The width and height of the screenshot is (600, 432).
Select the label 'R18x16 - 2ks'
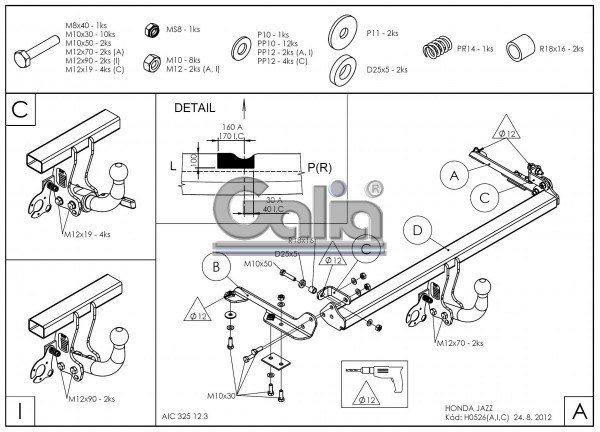[x=561, y=48]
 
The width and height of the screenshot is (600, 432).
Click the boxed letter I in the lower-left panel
[x=19, y=411]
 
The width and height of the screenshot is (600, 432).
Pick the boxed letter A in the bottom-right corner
[x=579, y=411]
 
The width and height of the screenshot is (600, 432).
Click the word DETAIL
[x=194, y=107]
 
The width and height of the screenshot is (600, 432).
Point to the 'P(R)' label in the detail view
[x=321, y=166]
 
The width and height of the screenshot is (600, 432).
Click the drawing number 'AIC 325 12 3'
[x=186, y=415]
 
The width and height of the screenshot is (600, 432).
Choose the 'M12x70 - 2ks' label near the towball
[x=459, y=343]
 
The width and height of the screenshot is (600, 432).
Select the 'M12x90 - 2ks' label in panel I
[x=91, y=399]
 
